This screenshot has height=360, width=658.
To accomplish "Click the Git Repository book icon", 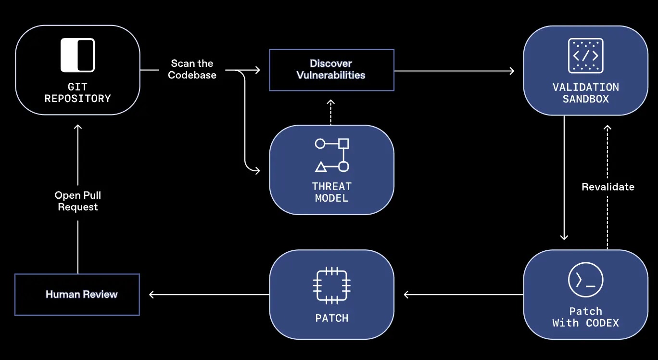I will coord(77,55).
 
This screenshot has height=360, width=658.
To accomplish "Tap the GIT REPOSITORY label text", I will coord(77,93).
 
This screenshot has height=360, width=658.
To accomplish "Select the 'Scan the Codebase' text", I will coord(192,69).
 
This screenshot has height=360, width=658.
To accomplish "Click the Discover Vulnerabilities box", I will coord(331,70).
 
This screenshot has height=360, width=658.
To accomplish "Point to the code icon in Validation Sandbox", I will coord(585,56).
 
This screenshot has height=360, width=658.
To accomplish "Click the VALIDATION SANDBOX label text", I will coord(585,93).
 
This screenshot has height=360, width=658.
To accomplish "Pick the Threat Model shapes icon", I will coord(331,155).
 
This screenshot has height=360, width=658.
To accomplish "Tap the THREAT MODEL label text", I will coord(331,192).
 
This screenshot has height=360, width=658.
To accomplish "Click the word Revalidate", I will coord(608,187).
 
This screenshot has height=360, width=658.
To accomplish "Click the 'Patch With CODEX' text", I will coord(585,317).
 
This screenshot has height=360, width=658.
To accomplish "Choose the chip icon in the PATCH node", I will coord(331,285).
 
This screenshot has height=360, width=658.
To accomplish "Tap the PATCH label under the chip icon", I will coord(331,318).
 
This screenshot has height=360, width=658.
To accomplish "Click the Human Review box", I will coord(77,295).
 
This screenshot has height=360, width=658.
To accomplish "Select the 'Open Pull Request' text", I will coord(77,201).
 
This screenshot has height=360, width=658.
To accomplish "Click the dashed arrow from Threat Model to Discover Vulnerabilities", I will coord(331,113).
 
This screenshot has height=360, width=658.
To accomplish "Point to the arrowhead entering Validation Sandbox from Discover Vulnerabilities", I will coord(511,71).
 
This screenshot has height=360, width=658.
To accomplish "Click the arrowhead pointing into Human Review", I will coord(152,295).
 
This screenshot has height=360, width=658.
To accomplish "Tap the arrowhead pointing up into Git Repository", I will coord(77,127).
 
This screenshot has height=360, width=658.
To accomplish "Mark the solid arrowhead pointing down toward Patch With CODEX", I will coord(564,236).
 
